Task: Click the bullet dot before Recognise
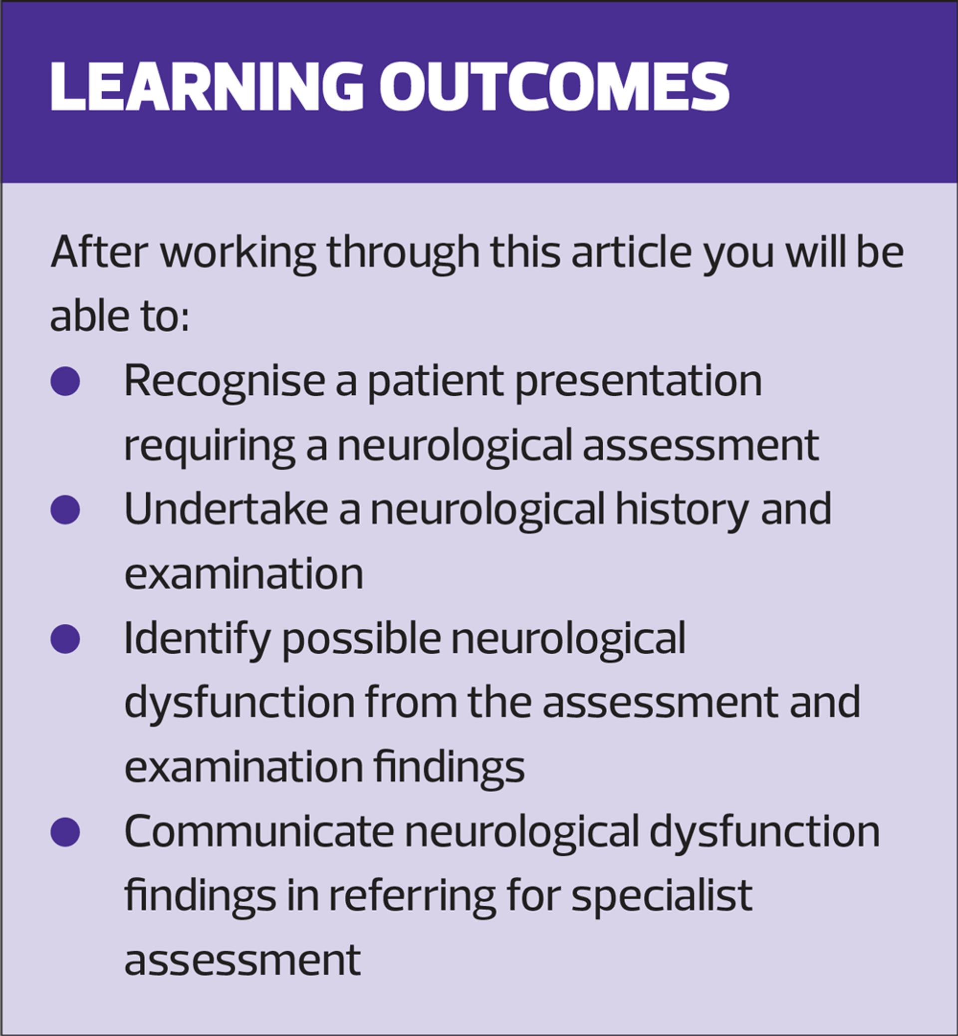(65, 382)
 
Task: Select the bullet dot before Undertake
(65, 510)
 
